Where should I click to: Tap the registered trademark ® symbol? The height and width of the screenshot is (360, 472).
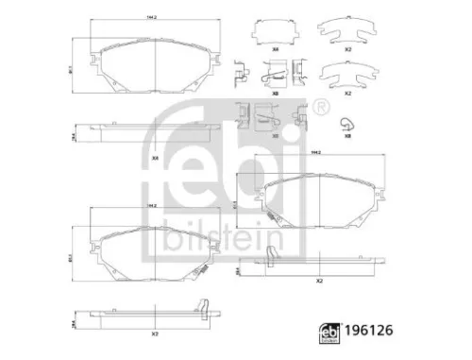(x=323, y=105)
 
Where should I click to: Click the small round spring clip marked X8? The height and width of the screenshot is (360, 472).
(x=347, y=120)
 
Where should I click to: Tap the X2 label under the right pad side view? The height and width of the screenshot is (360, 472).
(x=319, y=282)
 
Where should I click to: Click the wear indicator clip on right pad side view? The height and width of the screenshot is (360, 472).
(x=273, y=254)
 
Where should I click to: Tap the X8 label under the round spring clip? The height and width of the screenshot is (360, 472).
(x=347, y=136)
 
